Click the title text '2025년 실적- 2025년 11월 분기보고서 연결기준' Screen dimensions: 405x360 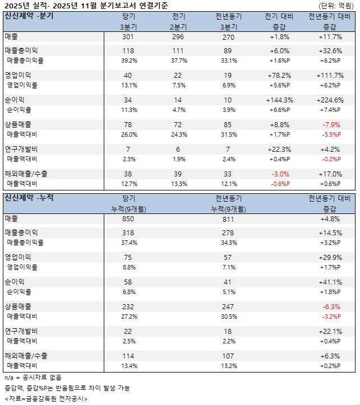click(87, 6)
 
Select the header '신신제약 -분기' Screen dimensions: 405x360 click(29, 16)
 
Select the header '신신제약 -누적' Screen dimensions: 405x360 click(29, 198)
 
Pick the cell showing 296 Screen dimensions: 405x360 click(178, 37)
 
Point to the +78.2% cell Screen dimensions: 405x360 click(279, 75)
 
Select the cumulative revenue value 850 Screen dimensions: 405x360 click(129, 219)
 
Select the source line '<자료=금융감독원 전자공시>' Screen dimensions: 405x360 click(45, 398)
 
